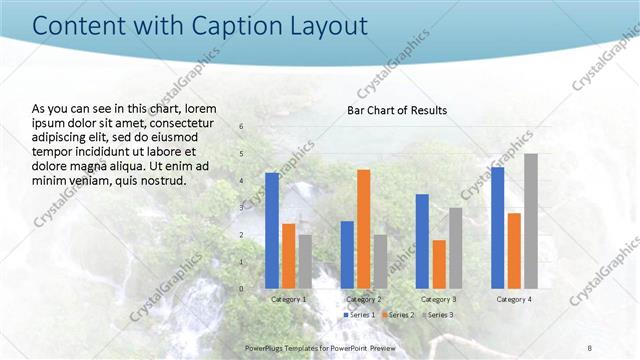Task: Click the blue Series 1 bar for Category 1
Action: (x=272, y=230)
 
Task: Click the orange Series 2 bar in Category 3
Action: (x=438, y=263)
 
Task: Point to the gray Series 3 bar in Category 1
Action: (x=304, y=261)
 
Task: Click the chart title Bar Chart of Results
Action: (x=397, y=110)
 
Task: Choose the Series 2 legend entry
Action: (x=396, y=315)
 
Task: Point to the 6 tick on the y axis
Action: (x=241, y=127)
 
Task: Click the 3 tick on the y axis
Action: (x=241, y=208)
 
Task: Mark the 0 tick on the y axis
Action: (x=241, y=289)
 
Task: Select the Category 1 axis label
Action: (x=288, y=299)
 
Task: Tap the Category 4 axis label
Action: (x=513, y=299)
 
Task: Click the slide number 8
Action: (x=590, y=347)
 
